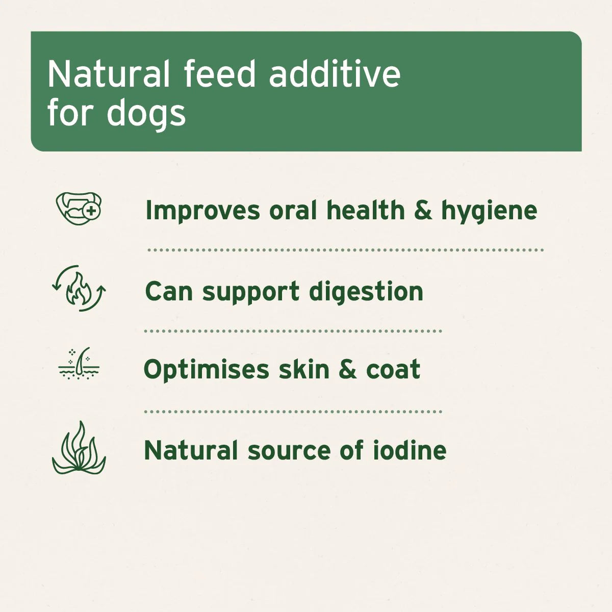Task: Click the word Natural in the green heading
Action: coord(108,74)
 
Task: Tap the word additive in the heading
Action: coord(335,74)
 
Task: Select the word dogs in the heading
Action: coord(146,113)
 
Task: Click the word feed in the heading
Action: coord(219,74)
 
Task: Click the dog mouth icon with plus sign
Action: coord(79,208)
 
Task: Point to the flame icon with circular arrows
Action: coord(79,289)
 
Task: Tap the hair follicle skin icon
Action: coord(79,364)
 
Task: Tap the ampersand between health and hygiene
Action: coord(423,210)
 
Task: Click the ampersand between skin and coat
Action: coord(347,369)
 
